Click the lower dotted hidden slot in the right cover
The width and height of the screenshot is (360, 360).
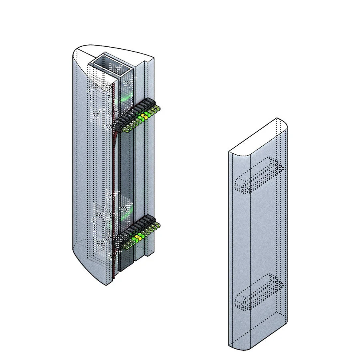coord(258,293)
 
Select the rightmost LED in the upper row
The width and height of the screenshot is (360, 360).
coord(158,108)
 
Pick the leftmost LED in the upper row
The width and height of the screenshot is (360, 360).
coord(125,129)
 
